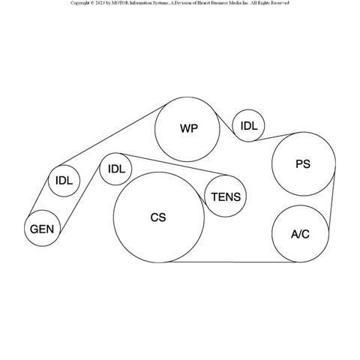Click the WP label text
click(189, 128)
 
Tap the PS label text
click(303, 164)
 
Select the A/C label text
click(300, 234)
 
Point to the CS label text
click(158, 217)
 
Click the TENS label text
click(226, 197)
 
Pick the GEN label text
click(42, 229)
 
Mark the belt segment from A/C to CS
click(232, 262)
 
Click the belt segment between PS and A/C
click(331, 202)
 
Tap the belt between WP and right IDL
click(226, 127)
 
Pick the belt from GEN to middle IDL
click(79, 199)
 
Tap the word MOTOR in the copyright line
click(120, 3)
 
